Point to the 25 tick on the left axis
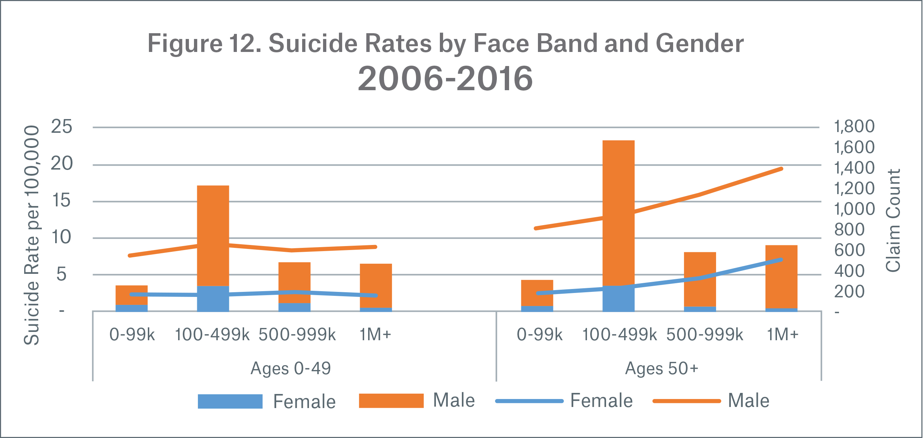62,127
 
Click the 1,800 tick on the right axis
854,127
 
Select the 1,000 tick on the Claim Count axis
854,209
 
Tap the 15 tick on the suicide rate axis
62,201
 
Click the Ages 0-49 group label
291,368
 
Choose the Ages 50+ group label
662,368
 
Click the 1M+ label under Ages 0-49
375,334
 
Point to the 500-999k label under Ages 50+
705,334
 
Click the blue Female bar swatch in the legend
230,401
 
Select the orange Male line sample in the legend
686,401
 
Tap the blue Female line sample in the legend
529,401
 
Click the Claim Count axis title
893,220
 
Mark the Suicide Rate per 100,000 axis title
32,235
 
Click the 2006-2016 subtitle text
445,79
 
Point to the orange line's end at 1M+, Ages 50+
781,169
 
